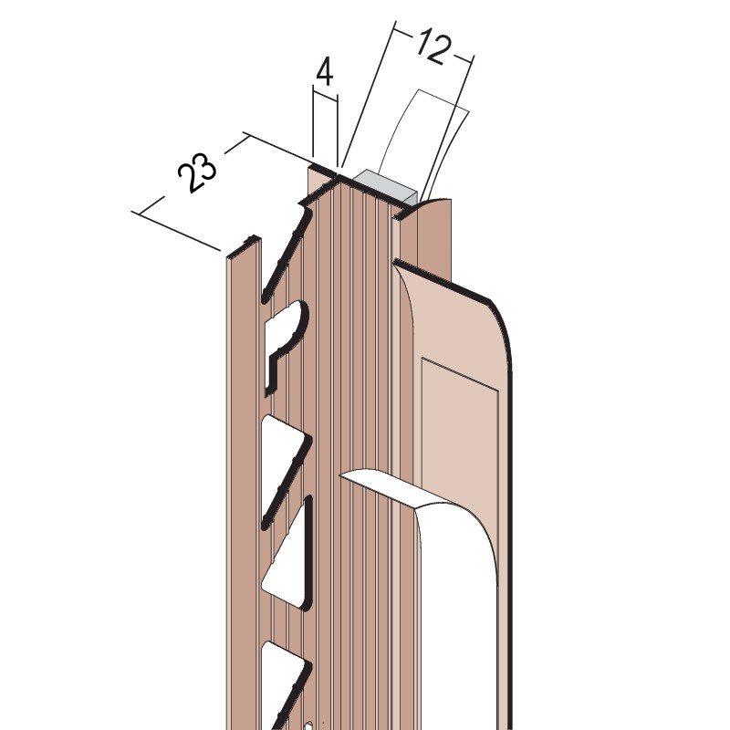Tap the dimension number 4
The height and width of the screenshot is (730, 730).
[324, 69]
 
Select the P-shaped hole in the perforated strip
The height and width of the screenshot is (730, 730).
[285, 342]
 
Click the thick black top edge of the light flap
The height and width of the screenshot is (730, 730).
[447, 283]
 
